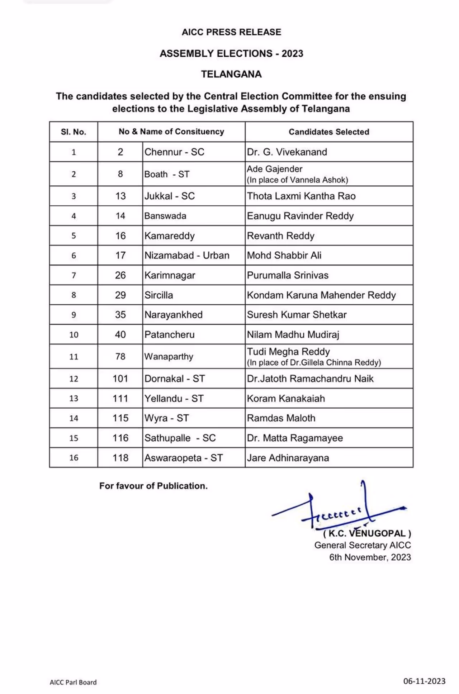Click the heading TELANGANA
point(231,74)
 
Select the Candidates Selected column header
point(329,132)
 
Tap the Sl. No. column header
point(74,132)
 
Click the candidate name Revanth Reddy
point(280,236)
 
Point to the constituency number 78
point(120,356)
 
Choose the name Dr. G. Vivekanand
point(287,152)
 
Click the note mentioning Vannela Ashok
point(297,180)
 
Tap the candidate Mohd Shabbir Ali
point(284,256)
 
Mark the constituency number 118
point(120,458)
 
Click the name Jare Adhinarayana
point(288,458)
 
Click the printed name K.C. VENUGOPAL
point(367,533)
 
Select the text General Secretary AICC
point(363,545)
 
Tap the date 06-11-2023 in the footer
point(424,681)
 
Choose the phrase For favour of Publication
point(153,486)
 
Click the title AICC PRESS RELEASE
point(231,32)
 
